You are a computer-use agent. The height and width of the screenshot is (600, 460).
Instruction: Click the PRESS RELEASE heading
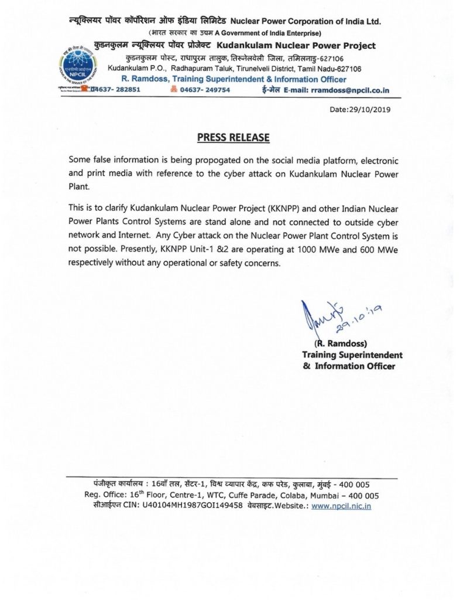[233, 138]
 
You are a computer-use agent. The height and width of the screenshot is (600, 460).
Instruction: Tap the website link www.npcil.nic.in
[341, 506]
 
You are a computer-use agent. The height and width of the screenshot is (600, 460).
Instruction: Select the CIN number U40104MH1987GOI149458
[193, 506]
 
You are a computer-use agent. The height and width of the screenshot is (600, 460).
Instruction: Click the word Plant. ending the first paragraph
[80, 186]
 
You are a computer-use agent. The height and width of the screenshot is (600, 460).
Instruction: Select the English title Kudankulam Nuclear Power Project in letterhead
[296, 46]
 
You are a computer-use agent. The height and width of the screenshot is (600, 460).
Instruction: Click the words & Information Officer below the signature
[349, 366]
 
